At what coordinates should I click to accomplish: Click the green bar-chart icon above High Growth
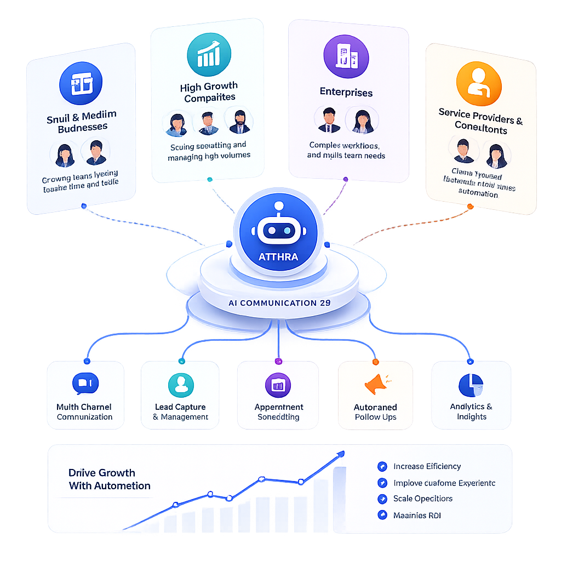point(209,54)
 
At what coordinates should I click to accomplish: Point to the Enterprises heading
point(346,92)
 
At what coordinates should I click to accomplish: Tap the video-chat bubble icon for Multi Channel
point(85,383)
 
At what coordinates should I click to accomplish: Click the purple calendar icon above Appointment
point(278,385)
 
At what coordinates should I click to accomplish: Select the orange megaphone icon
point(377,385)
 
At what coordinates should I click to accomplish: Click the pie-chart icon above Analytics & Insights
point(471,385)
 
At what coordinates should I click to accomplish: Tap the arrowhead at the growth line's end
point(341,454)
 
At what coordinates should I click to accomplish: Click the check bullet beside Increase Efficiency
point(382,467)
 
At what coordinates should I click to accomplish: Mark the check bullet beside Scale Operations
point(382,499)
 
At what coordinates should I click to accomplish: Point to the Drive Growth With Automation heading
point(109,479)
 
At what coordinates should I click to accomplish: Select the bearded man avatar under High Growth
point(239,122)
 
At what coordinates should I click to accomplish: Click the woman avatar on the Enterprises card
point(362,121)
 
